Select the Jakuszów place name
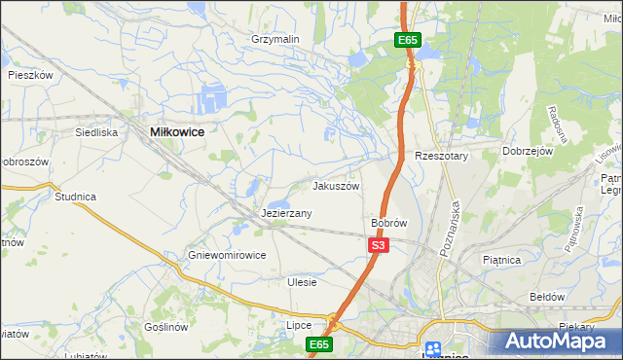(336, 186)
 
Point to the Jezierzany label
(287, 213)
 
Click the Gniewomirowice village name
(228, 255)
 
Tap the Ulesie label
(303, 282)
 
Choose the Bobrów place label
(388, 223)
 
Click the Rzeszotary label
(442, 156)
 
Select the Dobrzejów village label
(528, 152)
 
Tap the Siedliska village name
(97, 131)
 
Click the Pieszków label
(29, 74)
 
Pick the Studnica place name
(75, 197)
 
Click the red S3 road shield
(379, 246)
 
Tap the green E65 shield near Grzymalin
(408, 40)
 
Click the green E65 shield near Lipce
(319, 344)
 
